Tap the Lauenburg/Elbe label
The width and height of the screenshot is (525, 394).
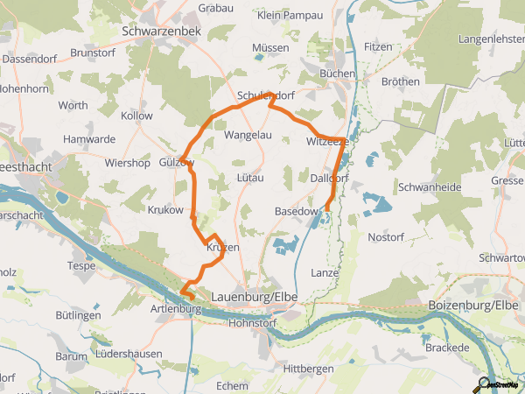pyautogui.click(x=255, y=298)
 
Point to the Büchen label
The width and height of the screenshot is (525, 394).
pyautogui.click(x=337, y=74)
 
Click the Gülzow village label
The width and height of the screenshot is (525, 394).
pyautogui.click(x=176, y=163)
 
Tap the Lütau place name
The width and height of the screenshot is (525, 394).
pyautogui.click(x=250, y=177)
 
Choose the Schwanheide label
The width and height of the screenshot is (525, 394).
pyautogui.click(x=428, y=187)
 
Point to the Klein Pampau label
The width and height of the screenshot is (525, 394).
pyautogui.click(x=291, y=15)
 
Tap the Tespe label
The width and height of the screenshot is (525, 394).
pyautogui.click(x=81, y=265)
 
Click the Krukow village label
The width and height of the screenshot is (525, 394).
pyautogui.click(x=165, y=210)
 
